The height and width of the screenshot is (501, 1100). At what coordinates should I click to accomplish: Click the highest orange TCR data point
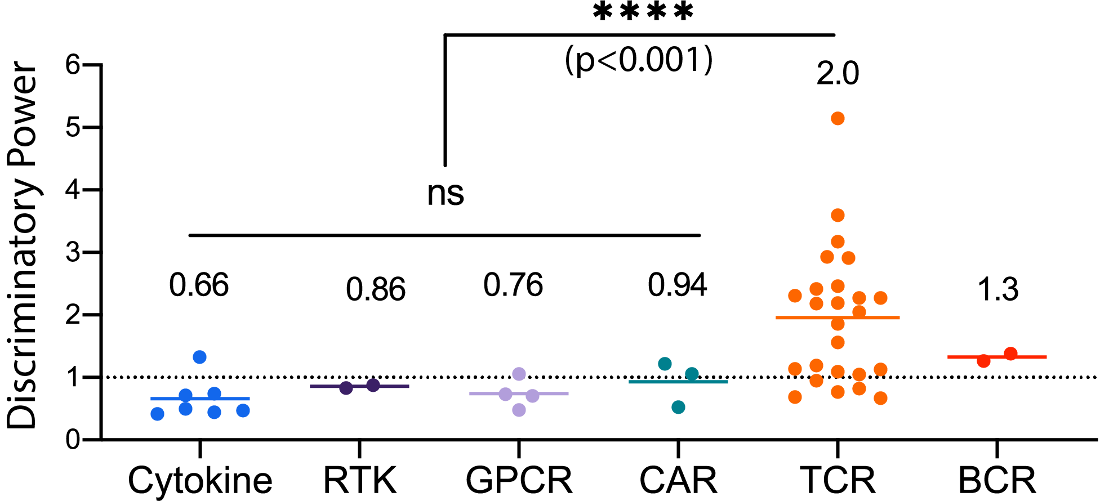(838, 118)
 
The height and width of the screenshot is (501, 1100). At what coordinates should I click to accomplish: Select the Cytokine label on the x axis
(200, 480)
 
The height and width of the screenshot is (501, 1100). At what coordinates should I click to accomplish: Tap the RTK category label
(359, 480)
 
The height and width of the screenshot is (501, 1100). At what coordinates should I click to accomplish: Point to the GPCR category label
(519, 480)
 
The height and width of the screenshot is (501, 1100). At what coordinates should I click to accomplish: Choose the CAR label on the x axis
(678, 480)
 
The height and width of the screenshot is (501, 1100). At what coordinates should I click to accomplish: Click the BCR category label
(997, 480)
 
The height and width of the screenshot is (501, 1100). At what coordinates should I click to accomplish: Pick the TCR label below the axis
(838, 480)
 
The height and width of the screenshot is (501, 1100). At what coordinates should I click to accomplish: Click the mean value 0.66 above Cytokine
(199, 285)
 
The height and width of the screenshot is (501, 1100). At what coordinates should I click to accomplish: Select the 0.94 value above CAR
(677, 285)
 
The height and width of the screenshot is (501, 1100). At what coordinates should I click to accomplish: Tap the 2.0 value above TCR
(838, 74)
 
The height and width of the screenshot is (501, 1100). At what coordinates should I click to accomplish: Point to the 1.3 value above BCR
(997, 290)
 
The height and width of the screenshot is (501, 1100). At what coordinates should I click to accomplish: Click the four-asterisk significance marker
(643, 13)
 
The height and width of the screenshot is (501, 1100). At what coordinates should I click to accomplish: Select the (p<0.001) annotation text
(639, 60)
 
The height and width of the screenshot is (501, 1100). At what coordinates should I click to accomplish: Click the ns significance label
(446, 194)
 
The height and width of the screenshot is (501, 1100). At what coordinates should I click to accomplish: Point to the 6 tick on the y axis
(73, 65)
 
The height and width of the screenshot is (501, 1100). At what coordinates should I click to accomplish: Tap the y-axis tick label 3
(73, 253)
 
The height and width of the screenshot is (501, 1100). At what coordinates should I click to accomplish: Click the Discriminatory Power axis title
(23, 245)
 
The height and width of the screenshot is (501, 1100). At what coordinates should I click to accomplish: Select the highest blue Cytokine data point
(199, 357)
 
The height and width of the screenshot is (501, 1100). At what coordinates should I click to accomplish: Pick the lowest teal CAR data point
(678, 407)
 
